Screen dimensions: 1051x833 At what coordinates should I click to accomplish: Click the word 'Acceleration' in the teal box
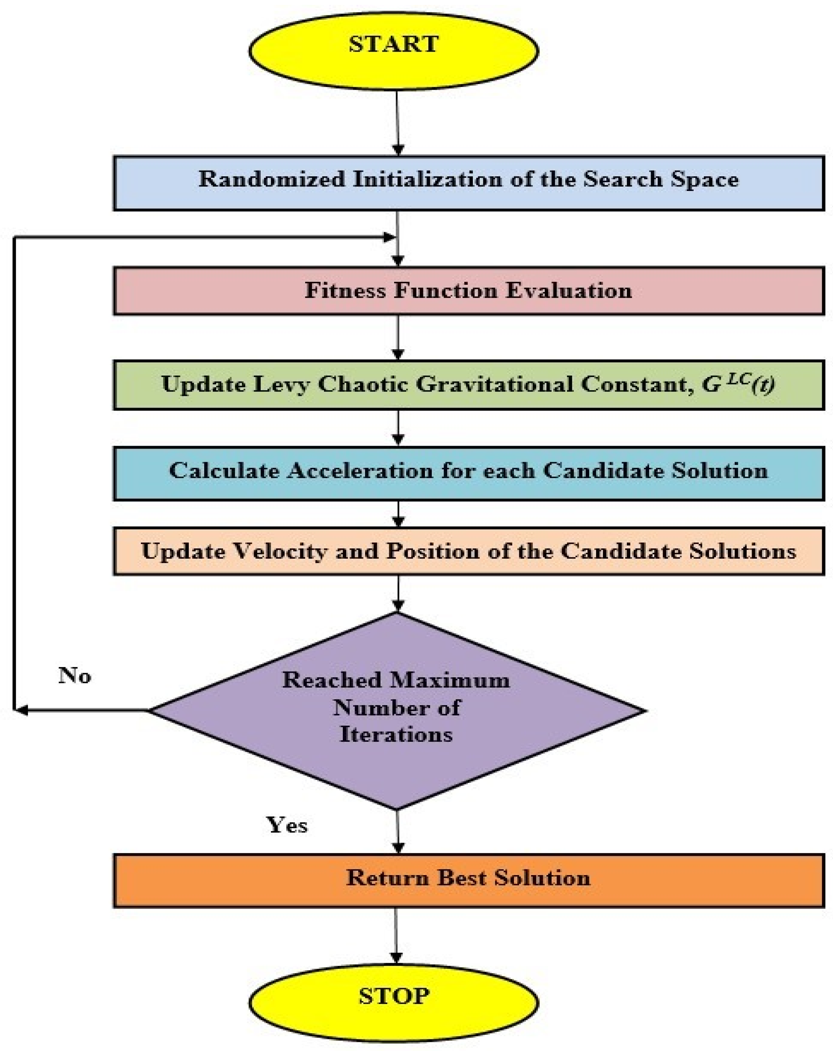[360, 471]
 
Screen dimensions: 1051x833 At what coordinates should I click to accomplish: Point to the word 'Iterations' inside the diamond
[396, 735]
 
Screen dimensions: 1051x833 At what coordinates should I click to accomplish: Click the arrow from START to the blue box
[398, 122]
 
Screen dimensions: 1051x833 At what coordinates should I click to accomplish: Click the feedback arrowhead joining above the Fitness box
[390, 237]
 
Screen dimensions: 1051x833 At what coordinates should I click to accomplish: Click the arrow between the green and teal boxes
[398, 428]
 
